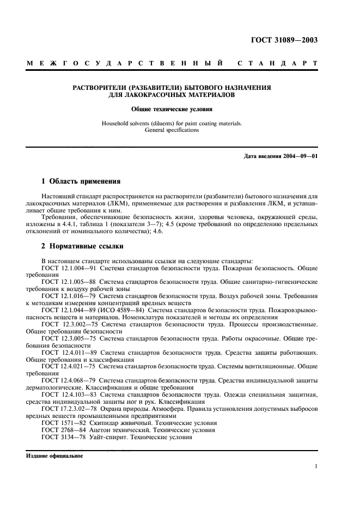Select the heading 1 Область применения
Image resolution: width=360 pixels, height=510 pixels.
coord(81,181)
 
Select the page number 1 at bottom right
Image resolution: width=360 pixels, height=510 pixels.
coord(316,466)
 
